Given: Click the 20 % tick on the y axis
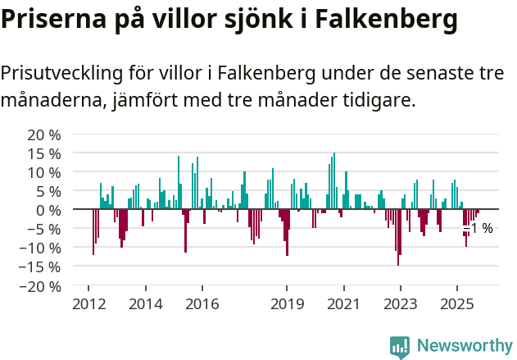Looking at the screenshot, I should (44, 134).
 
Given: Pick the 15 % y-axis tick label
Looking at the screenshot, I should (44, 153).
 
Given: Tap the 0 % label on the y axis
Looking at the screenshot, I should (48, 210).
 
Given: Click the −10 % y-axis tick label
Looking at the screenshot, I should (39, 248).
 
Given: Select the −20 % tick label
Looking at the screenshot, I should (39, 286).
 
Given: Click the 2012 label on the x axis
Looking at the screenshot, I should (88, 304).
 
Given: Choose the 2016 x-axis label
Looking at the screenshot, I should (202, 304).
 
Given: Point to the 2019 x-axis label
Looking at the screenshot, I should (287, 304).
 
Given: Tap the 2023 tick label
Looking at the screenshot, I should (400, 304).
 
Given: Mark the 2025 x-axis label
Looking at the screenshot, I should (456, 304).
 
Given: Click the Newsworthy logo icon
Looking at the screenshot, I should (399, 346).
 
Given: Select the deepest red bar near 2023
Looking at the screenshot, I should (398, 238).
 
